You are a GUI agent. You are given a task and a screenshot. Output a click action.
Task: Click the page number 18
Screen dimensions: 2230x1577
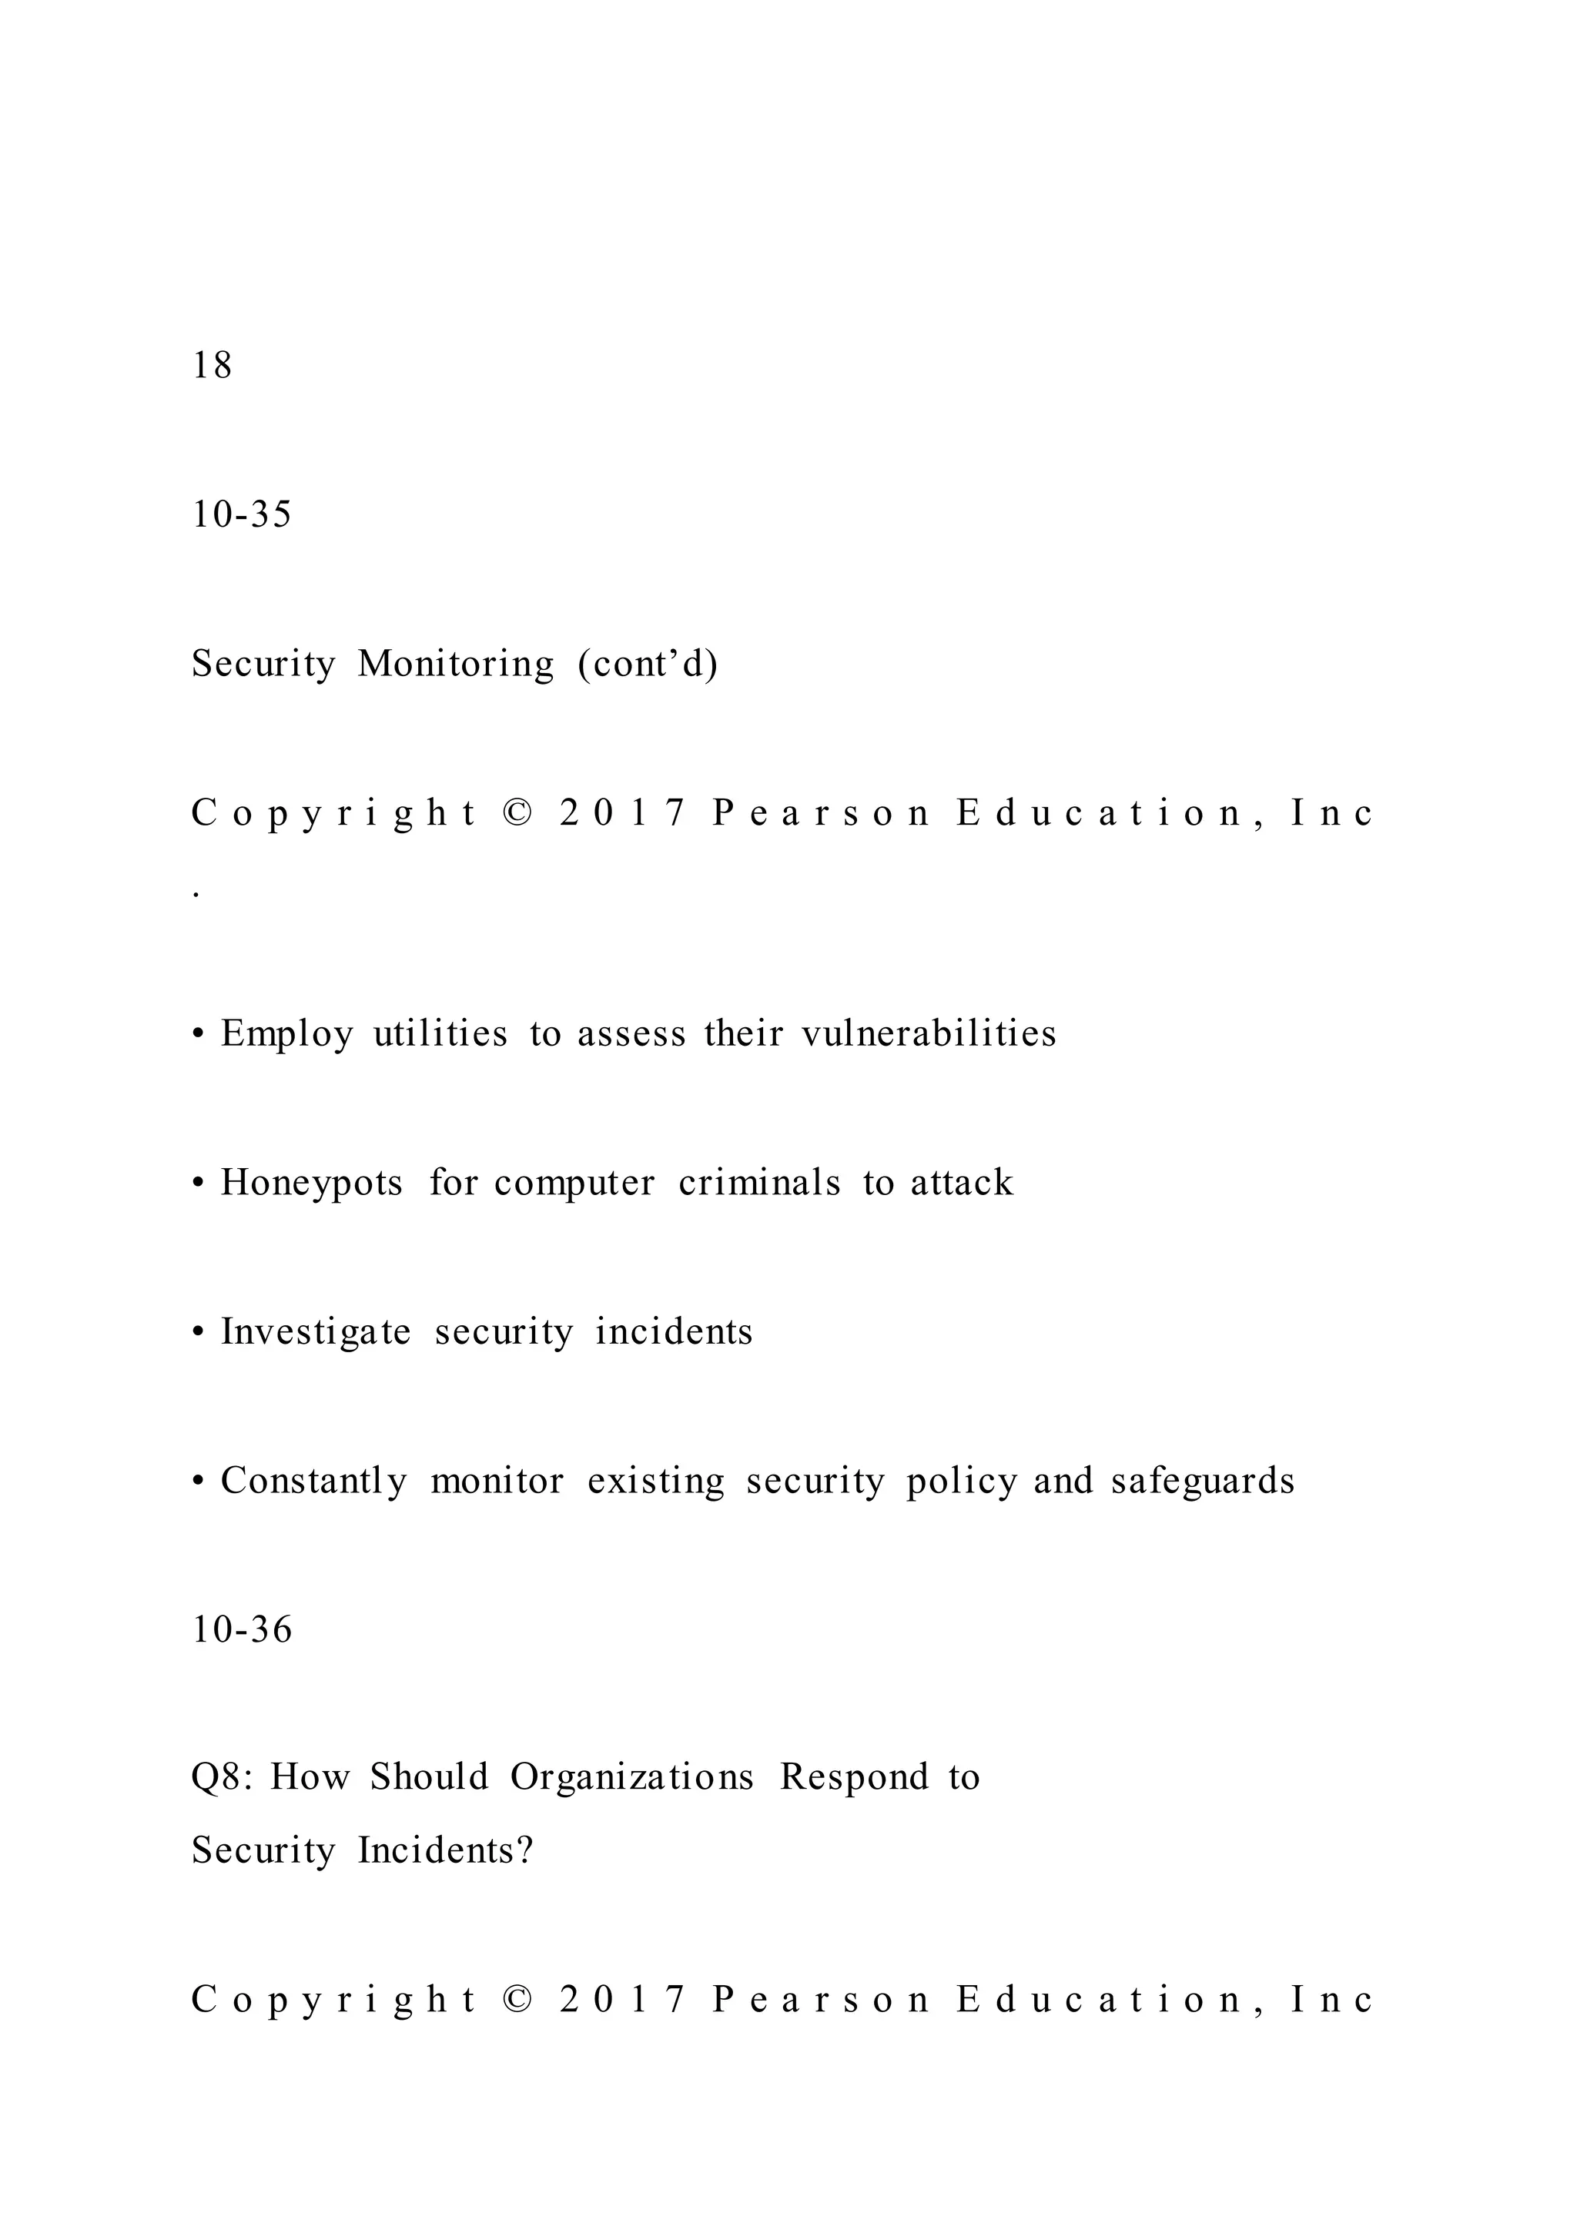coord(212,365)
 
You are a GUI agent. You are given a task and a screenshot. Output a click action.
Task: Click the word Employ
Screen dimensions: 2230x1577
coord(286,1033)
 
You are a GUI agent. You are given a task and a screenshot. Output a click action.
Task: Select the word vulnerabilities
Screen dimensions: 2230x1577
coord(929,1033)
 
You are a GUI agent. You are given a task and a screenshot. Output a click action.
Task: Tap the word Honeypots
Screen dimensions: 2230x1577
coord(311,1183)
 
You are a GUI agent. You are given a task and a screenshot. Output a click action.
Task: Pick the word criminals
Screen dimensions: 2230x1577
coord(759,1183)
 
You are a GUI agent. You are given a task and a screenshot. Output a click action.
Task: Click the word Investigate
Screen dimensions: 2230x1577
coord(316,1331)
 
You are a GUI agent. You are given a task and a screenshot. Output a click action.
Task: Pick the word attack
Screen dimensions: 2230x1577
coord(961,1183)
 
